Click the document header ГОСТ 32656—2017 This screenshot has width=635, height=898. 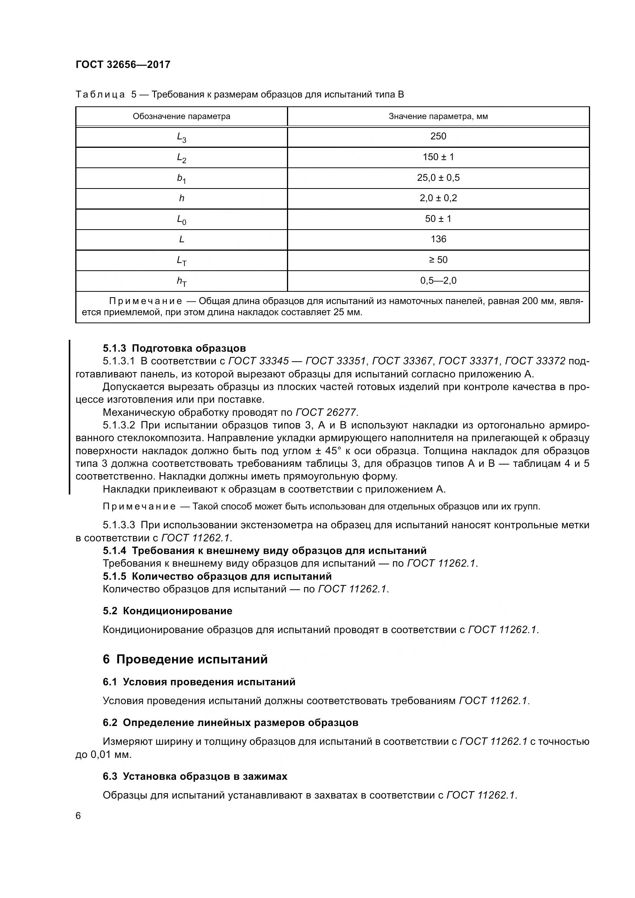tap(123, 64)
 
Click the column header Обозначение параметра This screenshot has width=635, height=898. tap(181, 116)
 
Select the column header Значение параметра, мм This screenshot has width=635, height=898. tap(438, 116)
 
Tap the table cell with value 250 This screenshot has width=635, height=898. tap(438, 136)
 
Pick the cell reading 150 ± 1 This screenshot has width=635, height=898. tap(438, 157)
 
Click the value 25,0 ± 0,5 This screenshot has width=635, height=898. tap(438, 178)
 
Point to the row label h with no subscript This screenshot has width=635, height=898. tap(182, 198)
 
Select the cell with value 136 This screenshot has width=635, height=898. tap(438, 239)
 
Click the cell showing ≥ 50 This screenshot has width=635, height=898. tap(438, 260)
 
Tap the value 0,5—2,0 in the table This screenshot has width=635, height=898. tap(438, 280)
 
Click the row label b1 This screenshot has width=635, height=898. tap(181, 179)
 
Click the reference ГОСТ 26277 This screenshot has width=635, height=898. tap(326, 412)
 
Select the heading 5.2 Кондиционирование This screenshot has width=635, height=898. tap(167, 611)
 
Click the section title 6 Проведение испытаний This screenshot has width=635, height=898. tap(185, 660)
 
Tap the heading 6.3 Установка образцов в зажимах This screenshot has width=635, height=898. tap(195, 776)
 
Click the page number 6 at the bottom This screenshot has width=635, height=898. tap(78, 816)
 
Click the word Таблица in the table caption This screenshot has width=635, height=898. tap(100, 95)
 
